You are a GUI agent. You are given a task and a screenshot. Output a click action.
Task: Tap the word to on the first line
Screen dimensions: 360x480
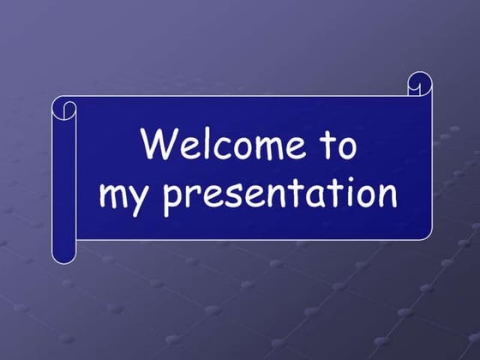point(339,146)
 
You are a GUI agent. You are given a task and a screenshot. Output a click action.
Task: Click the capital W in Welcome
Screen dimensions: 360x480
point(160,144)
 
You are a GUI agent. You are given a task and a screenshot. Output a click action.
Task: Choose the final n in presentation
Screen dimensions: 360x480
point(385,196)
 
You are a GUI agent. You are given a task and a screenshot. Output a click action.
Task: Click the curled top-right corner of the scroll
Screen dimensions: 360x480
point(419,84)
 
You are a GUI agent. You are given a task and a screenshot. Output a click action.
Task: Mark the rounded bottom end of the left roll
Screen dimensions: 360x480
point(64,255)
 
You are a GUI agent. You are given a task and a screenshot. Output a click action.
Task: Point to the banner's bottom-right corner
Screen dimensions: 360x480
point(428,237)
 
